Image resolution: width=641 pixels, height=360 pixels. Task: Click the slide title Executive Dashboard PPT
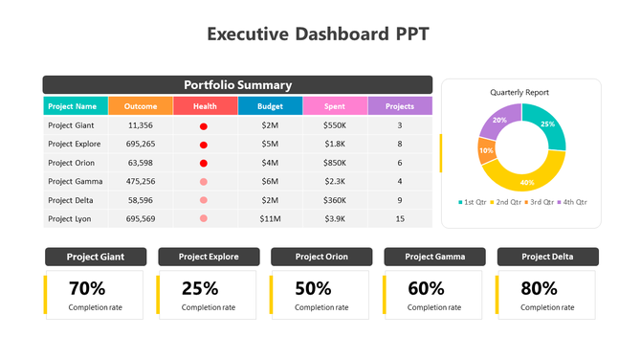pyautogui.click(x=320, y=34)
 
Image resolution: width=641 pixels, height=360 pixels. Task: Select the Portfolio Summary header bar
pyautogui.click(x=237, y=84)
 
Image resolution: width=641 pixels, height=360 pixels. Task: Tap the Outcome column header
pyautogui.click(x=141, y=106)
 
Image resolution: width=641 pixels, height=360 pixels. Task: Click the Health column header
pyautogui.click(x=205, y=106)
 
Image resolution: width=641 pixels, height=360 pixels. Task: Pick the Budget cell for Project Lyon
pyautogui.click(x=270, y=219)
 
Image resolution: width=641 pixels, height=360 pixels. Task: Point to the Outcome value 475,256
pyautogui.click(x=141, y=181)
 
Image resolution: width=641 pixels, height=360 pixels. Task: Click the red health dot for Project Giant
pyautogui.click(x=204, y=126)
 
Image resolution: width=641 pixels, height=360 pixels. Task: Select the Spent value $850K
pyautogui.click(x=335, y=163)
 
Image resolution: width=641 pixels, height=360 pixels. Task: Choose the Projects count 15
pyautogui.click(x=400, y=219)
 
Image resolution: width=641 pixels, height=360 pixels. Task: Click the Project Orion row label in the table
pyautogui.click(x=74, y=163)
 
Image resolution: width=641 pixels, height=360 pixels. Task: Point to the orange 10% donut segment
pyautogui.click(x=486, y=150)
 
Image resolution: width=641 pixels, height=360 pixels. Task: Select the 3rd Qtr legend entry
pyautogui.click(x=542, y=202)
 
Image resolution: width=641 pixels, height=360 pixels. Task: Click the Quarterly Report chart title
pyautogui.click(x=519, y=92)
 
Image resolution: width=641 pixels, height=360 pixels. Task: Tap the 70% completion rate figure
pyautogui.click(x=87, y=288)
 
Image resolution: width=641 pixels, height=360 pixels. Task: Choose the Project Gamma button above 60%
pyautogui.click(x=434, y=257)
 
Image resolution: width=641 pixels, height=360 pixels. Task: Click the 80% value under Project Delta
pyautogui.click(x=539, y=288)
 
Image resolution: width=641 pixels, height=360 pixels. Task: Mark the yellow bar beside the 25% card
pyautogui.click(x=158, y=294)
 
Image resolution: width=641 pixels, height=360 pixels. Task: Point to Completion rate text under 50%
pyautogui.click(x=321, y=307)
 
